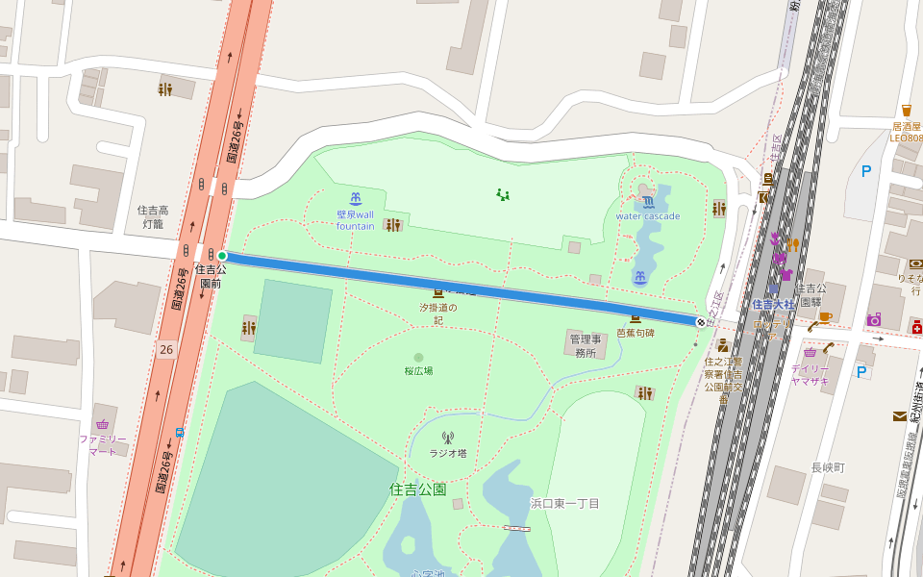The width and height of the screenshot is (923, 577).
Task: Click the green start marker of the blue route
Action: pos(222,256)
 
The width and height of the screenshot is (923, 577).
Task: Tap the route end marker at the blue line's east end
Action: pos(700,322)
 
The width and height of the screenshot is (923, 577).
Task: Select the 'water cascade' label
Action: pos(647,216)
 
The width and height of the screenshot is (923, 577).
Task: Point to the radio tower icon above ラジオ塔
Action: pos(447,438)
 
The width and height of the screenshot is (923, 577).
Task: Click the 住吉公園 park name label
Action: pos(418,489)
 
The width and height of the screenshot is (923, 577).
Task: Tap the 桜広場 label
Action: pos(418,370)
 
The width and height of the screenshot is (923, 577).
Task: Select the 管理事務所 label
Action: pos(585,346)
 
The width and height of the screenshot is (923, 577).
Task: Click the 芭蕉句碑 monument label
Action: pos(635,333)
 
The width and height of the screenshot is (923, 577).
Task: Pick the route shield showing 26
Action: pos(167,349)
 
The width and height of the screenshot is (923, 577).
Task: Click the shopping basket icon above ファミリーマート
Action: pos(102,424)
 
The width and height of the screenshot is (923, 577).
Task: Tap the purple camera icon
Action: pos(873,319)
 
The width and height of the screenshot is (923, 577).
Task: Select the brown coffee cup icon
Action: pos(825,316)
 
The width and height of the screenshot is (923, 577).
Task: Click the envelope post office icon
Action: pos(899,416)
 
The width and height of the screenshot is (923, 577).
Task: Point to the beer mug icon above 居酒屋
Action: pos(906,111)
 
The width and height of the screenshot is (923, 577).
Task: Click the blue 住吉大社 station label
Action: pos(773,305)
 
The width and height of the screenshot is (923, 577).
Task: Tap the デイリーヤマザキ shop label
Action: pos(810,374)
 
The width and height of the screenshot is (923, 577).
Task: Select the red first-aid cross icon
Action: pos(916,329)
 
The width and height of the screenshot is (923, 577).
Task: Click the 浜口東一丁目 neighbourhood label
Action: pos(565,504)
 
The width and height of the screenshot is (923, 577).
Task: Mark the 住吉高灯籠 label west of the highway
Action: pos(153,216)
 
